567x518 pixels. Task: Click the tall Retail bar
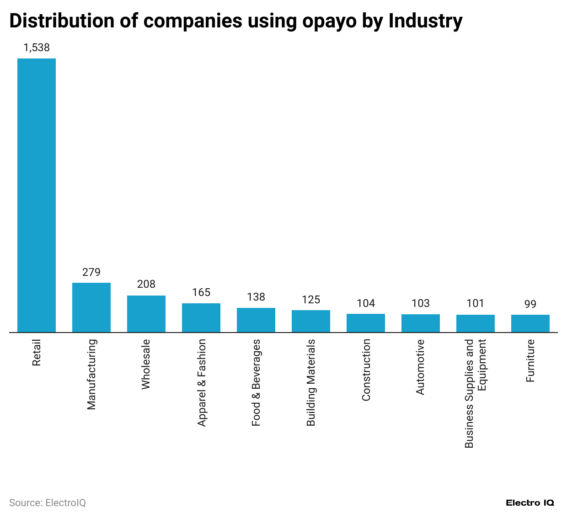click(37, 195)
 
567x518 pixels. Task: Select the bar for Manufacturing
click(91, 307)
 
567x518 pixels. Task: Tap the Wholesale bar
click(146, 314)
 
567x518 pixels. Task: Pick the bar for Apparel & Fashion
click(201, 317)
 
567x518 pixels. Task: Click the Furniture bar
click(530, 323)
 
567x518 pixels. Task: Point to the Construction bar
click(366, 323)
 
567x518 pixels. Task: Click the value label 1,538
click(37, 48)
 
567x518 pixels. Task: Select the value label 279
click(91, 272)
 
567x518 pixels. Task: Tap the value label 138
click(256, 297)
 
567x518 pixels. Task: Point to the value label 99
click(530, 304)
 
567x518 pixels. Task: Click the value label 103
click(421, 303)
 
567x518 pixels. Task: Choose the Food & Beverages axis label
click(256, 383)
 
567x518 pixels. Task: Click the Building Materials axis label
click(311, 383)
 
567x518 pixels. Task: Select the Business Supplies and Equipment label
click(475, 393)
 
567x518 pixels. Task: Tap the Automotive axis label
click(420, 367)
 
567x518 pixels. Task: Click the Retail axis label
click(37, 352)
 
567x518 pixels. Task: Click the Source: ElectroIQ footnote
click(48, 502)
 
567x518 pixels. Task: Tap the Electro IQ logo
click(530, 502)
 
